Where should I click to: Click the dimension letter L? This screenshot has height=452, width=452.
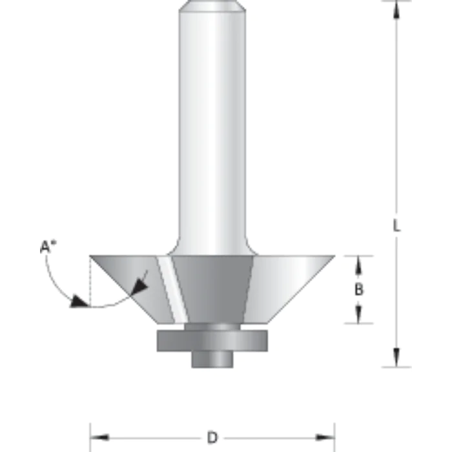coord(397,227)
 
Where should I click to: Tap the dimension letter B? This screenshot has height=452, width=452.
coord(359,290)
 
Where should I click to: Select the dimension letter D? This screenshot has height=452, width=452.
coord(212,438)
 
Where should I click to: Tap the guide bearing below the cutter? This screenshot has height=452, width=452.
coord(211,340)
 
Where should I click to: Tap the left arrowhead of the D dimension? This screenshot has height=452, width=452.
coord(96,438)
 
